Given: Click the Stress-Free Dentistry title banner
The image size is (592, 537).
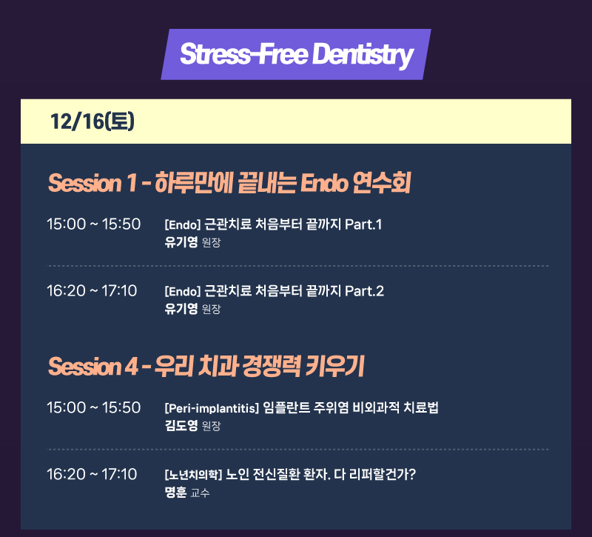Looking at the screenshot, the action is click(296, 54).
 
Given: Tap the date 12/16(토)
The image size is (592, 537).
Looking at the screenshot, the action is click(92, 121).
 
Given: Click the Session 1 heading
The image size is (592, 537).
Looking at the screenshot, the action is click(229, 183).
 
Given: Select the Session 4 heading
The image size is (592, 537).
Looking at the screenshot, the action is click(206, 366).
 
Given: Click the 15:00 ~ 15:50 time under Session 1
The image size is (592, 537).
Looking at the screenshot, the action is click(94, 224).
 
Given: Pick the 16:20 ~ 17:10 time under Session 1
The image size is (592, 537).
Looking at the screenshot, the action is click(92, 290).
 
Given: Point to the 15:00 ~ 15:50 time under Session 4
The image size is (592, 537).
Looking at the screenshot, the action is click(94, 407).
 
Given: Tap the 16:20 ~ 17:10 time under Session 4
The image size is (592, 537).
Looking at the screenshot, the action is click(92, 474).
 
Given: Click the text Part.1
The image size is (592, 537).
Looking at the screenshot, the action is click(363, 224).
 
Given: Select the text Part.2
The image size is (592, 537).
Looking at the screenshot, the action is click(364, 291).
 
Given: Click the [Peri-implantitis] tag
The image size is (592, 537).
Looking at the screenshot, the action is click(212, 408).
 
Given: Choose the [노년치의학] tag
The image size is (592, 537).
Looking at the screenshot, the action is click(193, 474).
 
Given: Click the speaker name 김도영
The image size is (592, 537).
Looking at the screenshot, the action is click(181, 425).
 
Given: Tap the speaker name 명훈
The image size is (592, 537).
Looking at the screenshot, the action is click(175, 492).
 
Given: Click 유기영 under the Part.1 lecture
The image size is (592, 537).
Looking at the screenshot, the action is click(181, 242).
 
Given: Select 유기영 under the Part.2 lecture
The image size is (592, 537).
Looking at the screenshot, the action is click(181, 309).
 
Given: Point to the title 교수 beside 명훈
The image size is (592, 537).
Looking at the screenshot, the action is click(200, 493).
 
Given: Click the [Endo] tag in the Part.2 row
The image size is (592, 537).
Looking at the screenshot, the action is click(183, 291).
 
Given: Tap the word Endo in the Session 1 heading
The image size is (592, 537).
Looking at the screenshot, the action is click(324, 183).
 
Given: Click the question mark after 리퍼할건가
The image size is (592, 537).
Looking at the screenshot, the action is click(412, 474).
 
